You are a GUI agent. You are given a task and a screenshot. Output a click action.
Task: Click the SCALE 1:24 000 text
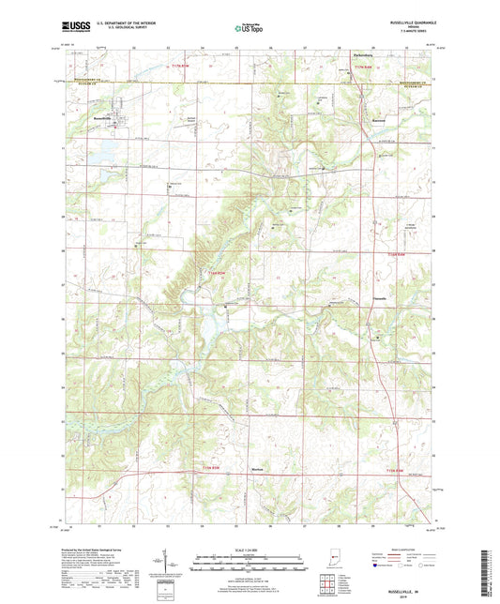[x=249, y=550]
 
